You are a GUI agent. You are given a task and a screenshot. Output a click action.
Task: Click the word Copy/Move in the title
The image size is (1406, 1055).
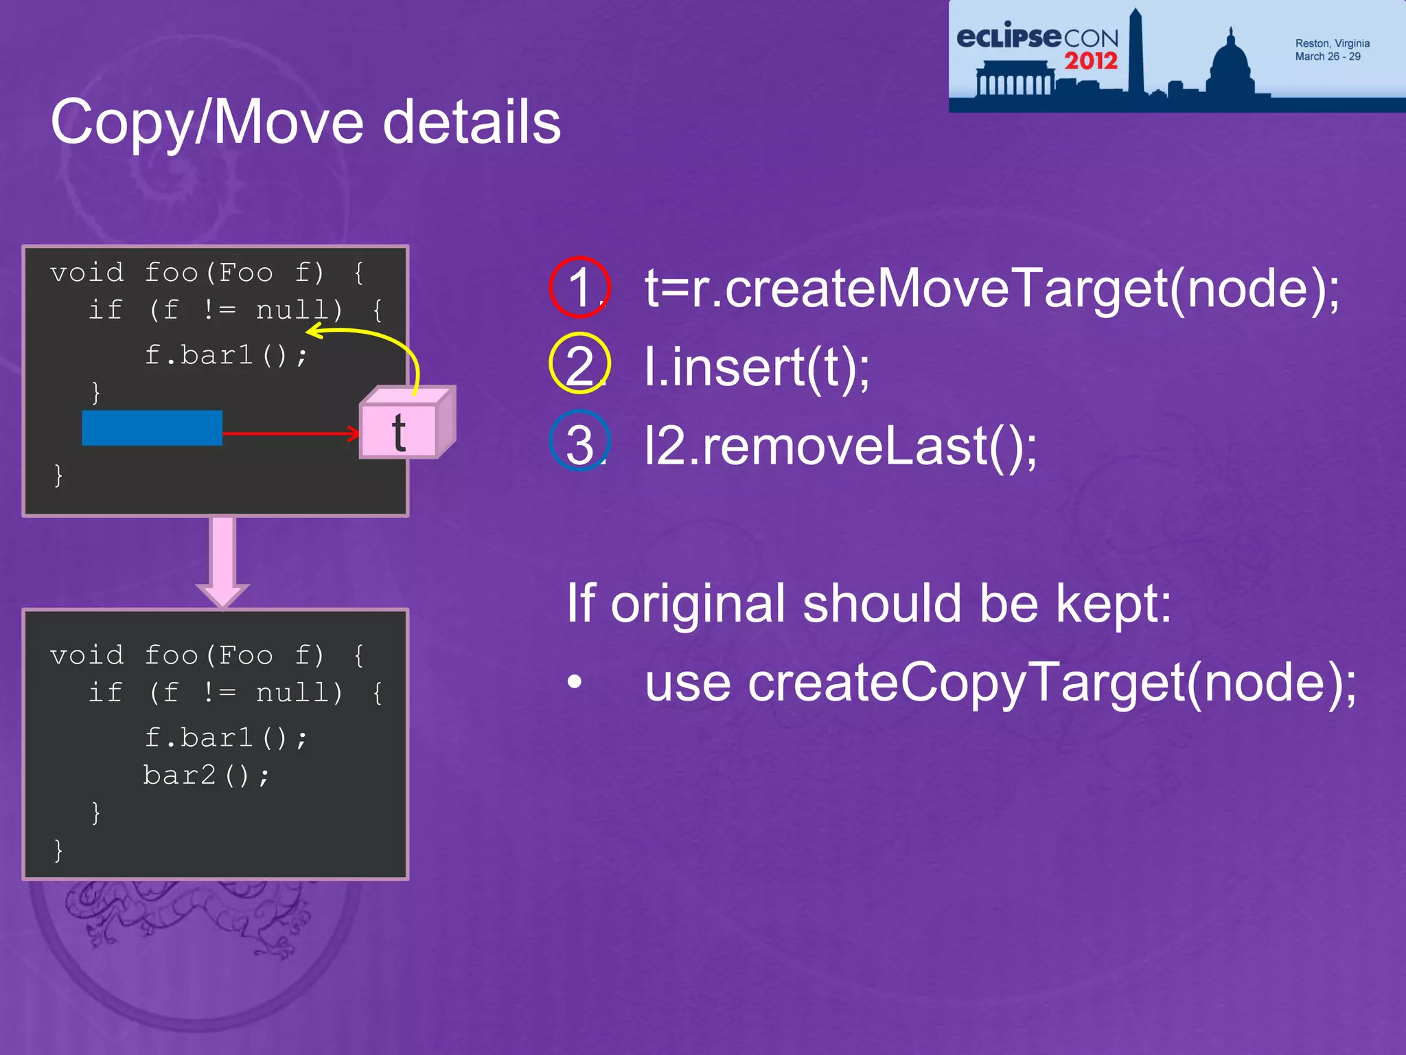pyautogui.click(x=207, y=123)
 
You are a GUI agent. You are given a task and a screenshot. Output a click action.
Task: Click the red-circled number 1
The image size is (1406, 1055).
pyautogui.click(x=580, y=287)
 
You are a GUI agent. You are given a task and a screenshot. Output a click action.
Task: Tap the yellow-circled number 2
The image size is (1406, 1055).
pyautogui.click(x=580, y=364)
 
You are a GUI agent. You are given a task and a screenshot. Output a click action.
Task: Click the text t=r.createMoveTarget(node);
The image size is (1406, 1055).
pyautogui.click(x=991, y=288)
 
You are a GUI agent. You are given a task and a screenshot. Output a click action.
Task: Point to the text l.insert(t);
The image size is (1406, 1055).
pyautogui.click(x=757, y=367)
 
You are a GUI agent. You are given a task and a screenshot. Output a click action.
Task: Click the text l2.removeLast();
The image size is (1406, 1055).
pyautogui.click(x=841, y=446)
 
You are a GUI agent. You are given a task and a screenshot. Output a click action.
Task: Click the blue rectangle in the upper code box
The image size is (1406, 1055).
pyautogui.click(x=152, y=428)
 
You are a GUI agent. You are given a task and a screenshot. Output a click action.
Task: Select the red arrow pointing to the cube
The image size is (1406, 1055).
pyautogui.click(x=288, y=433)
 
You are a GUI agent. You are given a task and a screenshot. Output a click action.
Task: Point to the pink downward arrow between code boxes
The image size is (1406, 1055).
pyautogui.click(x=223, y=560)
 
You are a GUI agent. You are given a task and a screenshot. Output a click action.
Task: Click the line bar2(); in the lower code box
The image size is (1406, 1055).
pyautogui.click(x=207, y=775)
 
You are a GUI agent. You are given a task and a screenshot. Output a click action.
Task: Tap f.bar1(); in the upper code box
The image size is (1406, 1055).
pyautogui.click(x=226, y=356)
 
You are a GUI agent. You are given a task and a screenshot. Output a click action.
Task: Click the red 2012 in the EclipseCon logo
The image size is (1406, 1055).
pyautogui.click(x=1091, y=61)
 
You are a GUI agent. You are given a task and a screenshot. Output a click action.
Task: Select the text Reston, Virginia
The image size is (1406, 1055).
pyautogui.click(x=1332, y=43)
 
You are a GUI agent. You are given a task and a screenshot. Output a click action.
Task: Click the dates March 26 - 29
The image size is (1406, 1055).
pyautogui.click(x=1327, y=56)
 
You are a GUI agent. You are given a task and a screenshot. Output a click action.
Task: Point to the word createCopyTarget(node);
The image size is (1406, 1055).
pyautogui.click(x=1051, y=683)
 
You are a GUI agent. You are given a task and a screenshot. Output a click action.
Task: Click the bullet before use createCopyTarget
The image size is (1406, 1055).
pyautogui.click(x=575, y=682)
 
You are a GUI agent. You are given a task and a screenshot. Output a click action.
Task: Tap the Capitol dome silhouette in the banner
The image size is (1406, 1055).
pyautogui.click(x=1231, y=65)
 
